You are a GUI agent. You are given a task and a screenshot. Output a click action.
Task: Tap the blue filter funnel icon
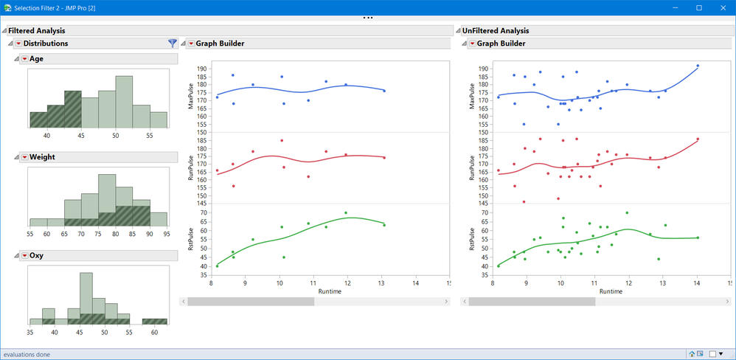[x=173, y=44]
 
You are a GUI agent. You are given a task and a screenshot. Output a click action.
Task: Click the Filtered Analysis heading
[x=37, y=31]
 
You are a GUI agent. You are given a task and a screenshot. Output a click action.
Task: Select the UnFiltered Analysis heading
[x=496, y=31]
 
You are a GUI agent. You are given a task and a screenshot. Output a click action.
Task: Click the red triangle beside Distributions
[x=18, y=44]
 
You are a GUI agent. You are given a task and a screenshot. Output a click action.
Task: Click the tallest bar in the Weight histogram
[x=107, y=199]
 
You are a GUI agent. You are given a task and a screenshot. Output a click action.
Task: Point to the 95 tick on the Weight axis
[x=167, y=234]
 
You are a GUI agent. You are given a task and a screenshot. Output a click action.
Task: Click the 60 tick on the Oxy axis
[x=154, y=332]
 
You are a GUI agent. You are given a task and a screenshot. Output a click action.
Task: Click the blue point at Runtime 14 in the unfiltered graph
[x=698, y=66]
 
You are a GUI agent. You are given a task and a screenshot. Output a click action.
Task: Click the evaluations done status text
[x=27, y=354]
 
